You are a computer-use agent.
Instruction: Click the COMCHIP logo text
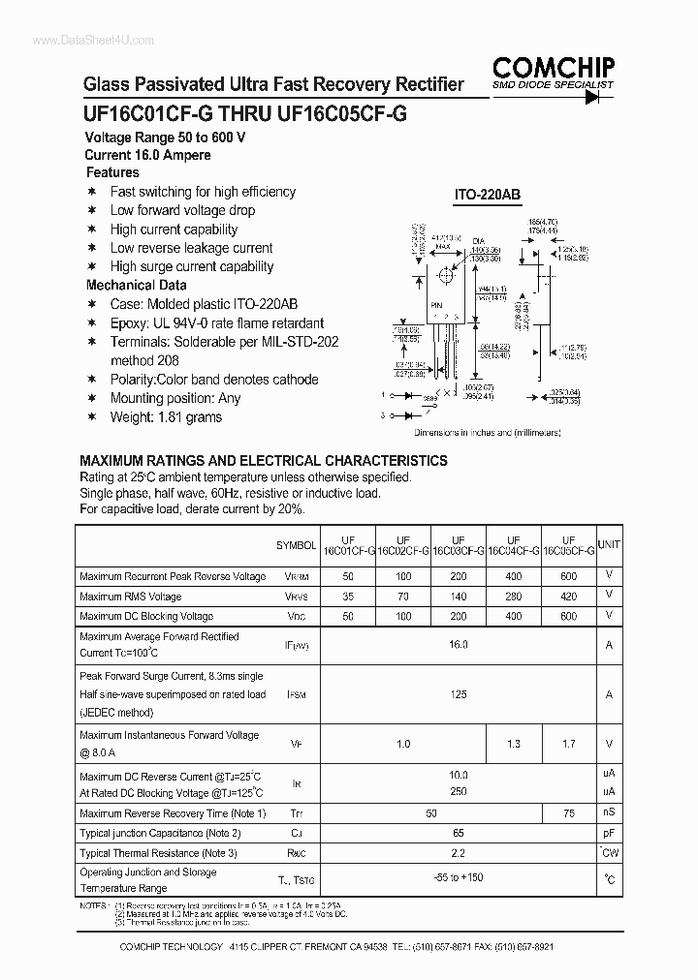click(553, 67)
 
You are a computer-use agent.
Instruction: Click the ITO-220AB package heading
click(488, 195)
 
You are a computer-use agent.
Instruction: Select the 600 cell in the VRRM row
click(568, 576)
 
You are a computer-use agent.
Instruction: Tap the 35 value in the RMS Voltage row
click(348, 597)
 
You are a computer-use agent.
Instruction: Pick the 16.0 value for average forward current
click(459, 644)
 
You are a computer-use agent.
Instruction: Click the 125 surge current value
click(459, 694)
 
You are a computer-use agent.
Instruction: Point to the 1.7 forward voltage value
click(568, 744)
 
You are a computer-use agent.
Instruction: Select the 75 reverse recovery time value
click(568, 813)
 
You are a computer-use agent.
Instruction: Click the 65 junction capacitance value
click(459, 833)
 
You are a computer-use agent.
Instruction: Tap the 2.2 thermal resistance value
click(459, 853)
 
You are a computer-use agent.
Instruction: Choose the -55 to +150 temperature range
click(459, 878)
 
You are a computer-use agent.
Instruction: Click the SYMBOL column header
click(296, 546)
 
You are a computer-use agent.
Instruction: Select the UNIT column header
click(609, 545)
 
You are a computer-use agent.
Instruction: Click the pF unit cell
click(609, 833)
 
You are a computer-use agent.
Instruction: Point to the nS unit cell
click(609, 813)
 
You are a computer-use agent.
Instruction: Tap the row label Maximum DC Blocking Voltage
click(146, 616)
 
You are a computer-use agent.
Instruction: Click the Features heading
click(112, 172)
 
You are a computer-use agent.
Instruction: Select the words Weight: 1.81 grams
click(166, 417)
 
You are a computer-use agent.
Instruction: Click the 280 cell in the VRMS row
click(513, 597)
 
